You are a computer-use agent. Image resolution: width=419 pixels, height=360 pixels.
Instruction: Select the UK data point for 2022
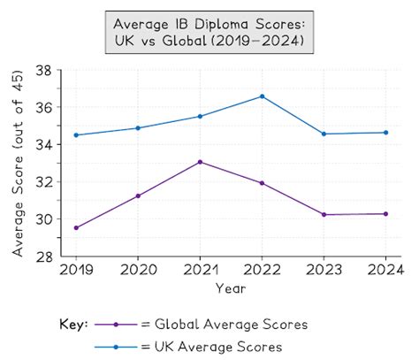tap(262, 96)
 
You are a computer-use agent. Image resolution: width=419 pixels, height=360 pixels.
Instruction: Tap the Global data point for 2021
tap(200, 162)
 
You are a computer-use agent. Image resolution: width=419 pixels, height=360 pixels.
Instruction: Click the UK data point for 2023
tap(324, 134)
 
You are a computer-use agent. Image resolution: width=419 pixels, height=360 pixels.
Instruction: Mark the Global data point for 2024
tap(386, 213)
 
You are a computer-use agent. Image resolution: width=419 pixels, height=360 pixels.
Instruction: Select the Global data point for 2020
tap(137, 195)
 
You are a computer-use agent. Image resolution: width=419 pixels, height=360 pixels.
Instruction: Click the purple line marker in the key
tap(116, 325)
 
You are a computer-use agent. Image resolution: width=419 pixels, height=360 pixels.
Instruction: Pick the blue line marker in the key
tap(116, 347)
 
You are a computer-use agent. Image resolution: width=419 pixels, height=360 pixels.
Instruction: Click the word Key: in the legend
tap(72, 325)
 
